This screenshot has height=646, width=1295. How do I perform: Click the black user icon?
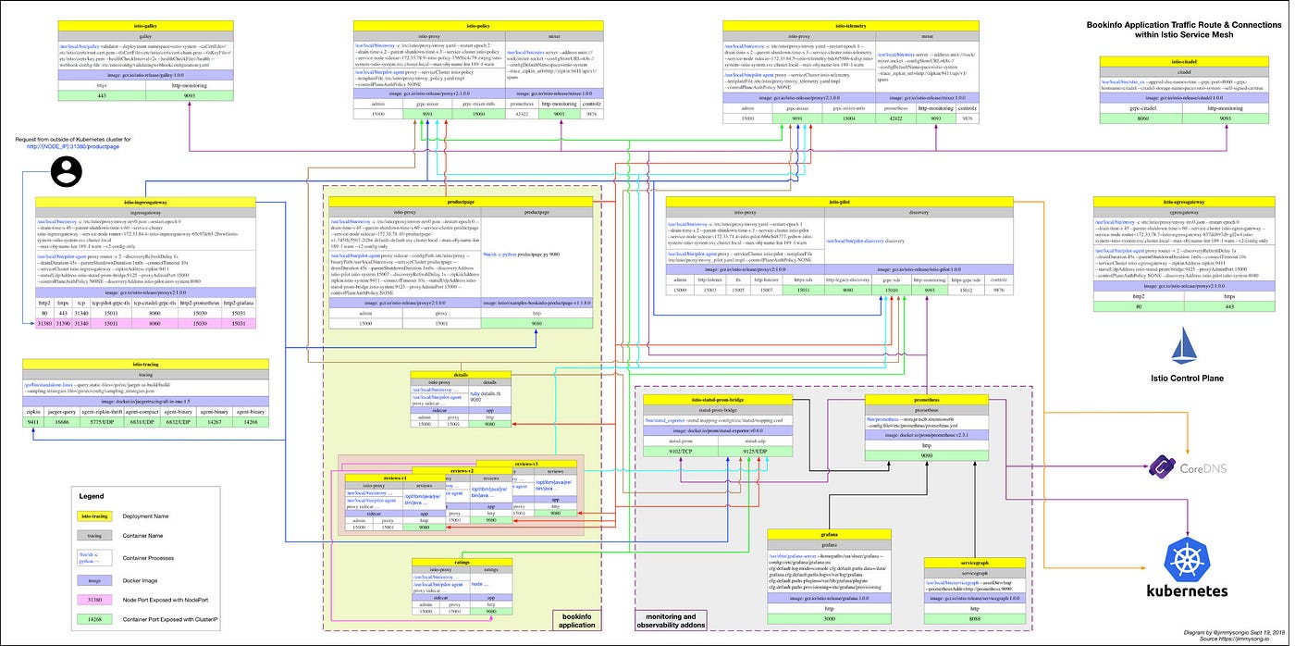(67, 169)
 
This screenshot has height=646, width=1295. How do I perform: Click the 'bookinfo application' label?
(577, 619)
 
